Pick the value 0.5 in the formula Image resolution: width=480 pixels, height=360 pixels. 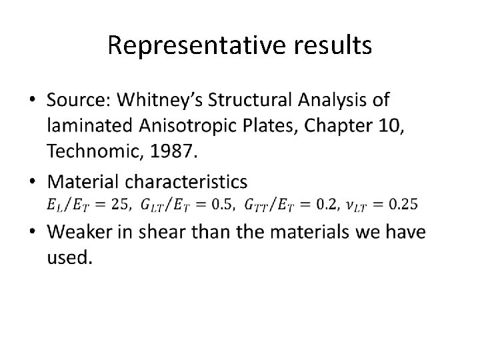(221, 204)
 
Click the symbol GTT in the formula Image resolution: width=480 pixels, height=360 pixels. (255, 204)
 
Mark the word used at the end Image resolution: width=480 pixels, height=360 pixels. (67, 258)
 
